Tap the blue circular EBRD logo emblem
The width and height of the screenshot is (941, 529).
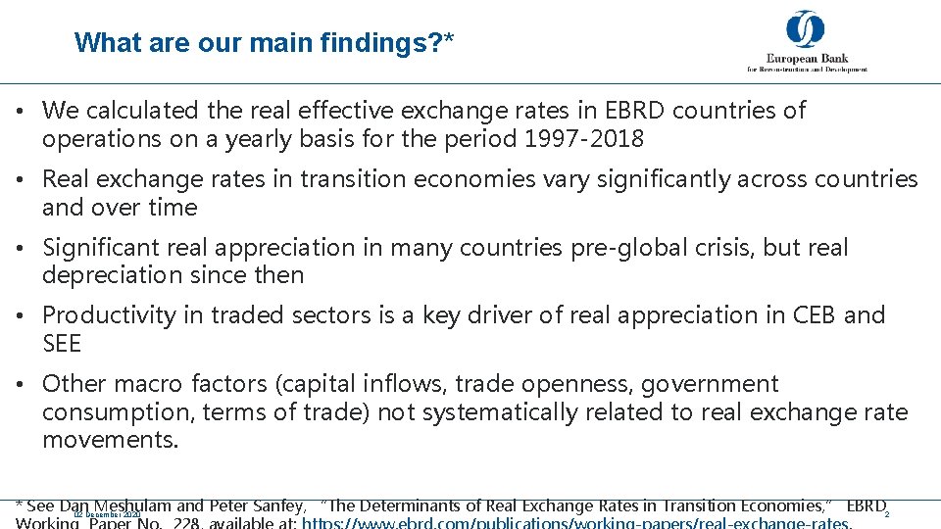(x=805, y=29)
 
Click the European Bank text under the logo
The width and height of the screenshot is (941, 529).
(x=807, y=58)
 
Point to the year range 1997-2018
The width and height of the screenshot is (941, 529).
(x=584, y=139)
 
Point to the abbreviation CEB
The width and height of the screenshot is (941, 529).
(x=806, y=315)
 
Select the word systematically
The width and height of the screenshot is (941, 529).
(x=491, y=412)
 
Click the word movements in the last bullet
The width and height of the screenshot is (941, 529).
(x=110, y=441)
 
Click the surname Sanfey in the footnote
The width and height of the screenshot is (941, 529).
(x=277, y=506)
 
